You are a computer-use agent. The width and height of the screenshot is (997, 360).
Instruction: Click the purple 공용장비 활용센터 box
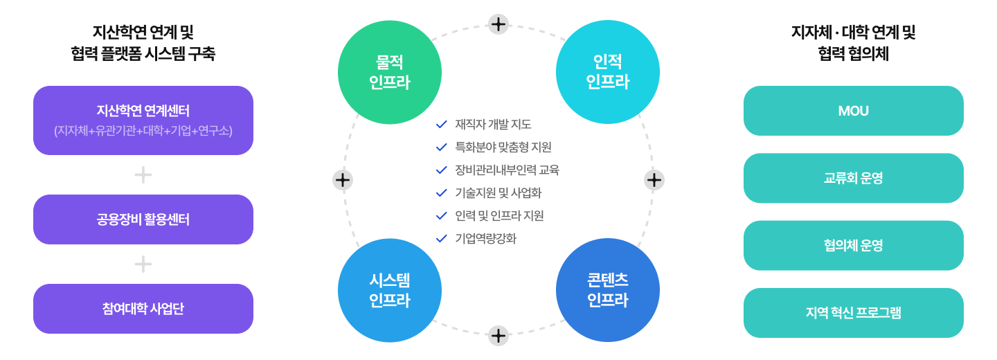143,219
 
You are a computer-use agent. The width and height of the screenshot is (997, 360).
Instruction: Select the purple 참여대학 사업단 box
143,309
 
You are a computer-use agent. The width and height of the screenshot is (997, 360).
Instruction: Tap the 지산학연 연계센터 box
143,120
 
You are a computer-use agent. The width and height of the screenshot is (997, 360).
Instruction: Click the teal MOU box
853,111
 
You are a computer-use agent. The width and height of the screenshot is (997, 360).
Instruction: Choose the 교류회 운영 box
853,178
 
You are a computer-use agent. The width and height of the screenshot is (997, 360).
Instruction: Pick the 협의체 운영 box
853,245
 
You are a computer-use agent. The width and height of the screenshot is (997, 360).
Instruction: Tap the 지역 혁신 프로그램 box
853,313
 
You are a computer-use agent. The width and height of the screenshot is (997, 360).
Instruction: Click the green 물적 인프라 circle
390,72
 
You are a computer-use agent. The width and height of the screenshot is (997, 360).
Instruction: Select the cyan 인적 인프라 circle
607,72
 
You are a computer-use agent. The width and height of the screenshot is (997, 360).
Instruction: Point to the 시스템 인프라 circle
390,290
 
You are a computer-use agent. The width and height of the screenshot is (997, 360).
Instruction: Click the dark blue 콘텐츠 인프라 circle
607,290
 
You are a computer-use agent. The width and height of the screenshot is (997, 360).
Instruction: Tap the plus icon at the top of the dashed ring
498,24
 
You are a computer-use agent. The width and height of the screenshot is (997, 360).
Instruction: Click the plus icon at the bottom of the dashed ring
498,336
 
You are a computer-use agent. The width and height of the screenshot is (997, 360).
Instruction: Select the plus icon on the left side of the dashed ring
343,180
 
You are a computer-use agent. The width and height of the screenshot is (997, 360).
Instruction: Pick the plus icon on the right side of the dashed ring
654,180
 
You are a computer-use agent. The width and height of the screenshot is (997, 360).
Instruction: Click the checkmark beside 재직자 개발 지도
441,125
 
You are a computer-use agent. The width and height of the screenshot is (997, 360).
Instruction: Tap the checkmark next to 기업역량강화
441,239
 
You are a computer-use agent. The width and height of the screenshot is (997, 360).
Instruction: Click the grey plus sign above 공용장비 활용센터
143,175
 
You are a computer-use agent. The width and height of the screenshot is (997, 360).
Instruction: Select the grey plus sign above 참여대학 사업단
143,264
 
